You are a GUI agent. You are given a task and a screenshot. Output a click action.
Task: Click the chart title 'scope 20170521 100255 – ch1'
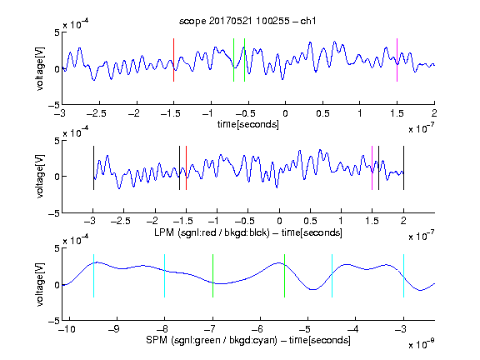[x=247, y=21]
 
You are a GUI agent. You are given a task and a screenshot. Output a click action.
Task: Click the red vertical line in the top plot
[x=173, y=60]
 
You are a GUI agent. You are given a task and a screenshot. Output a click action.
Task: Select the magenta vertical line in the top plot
[x=397, y=60]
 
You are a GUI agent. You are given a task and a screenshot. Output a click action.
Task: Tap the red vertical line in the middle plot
[x=186, y=168]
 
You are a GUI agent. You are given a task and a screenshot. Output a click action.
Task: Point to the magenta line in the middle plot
[x=372, y=168]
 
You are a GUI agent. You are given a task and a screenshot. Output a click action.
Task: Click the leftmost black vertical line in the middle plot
[x=93, y=168]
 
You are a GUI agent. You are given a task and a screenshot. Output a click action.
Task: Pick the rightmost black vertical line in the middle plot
[x=403, y=168]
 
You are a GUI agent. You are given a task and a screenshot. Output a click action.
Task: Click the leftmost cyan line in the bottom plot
[x=93, y=276]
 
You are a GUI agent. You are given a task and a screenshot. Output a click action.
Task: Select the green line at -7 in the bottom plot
[x=212, y=276]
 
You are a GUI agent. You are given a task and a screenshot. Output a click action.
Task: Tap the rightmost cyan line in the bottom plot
[x=403, y=276]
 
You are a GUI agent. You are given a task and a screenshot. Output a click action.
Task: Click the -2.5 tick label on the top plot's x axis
[x=96, y=113]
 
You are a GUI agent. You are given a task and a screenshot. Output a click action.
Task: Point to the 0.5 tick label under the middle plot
[x=310, y=221]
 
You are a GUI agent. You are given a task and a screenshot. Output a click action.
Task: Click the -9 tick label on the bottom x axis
[x=114, y=329]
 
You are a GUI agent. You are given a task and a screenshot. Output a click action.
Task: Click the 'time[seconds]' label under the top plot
[x=248, y=124]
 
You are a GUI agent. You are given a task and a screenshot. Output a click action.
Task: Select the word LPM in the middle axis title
[x=164, y=232]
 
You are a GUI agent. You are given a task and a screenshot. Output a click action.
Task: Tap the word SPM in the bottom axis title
[x=157, y=340]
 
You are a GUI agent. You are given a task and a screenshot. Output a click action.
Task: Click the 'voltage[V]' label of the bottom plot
[x=40, y=284]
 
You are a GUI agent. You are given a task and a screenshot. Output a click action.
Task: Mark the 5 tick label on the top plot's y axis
[x=57, y=32]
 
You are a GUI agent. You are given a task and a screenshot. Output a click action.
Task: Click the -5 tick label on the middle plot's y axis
[x=54, y=213]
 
